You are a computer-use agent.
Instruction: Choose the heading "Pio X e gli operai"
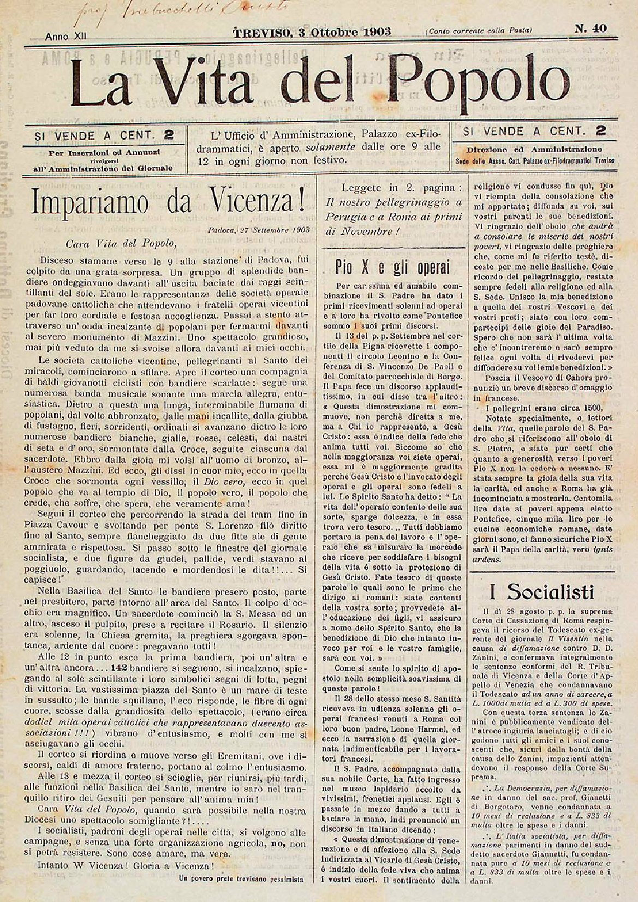click(x=392, y=268)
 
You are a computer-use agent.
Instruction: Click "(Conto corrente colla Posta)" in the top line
click(x=480, y=30)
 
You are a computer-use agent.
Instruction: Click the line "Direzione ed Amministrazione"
click(x=534, y=149)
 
